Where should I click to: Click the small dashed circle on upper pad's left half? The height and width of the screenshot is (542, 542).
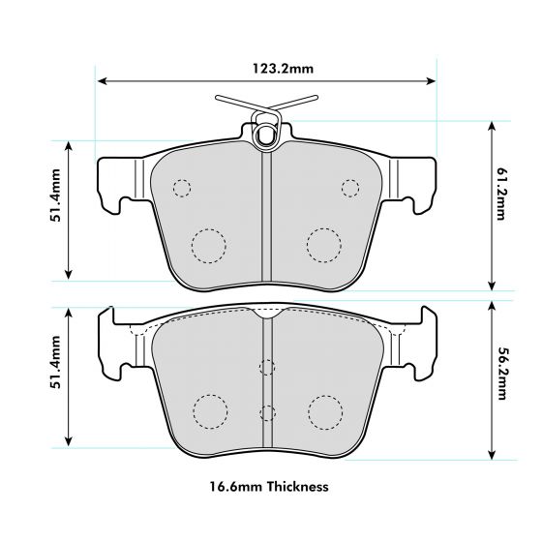coord(181,187)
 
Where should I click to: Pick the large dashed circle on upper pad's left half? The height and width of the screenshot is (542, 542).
coord(208,245)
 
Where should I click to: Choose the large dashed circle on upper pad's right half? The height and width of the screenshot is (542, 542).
coord(323,245)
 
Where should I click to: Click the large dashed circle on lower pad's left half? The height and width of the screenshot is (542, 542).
coord(208,411)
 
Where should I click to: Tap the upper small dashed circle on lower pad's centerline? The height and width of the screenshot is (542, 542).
coord(266,367)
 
